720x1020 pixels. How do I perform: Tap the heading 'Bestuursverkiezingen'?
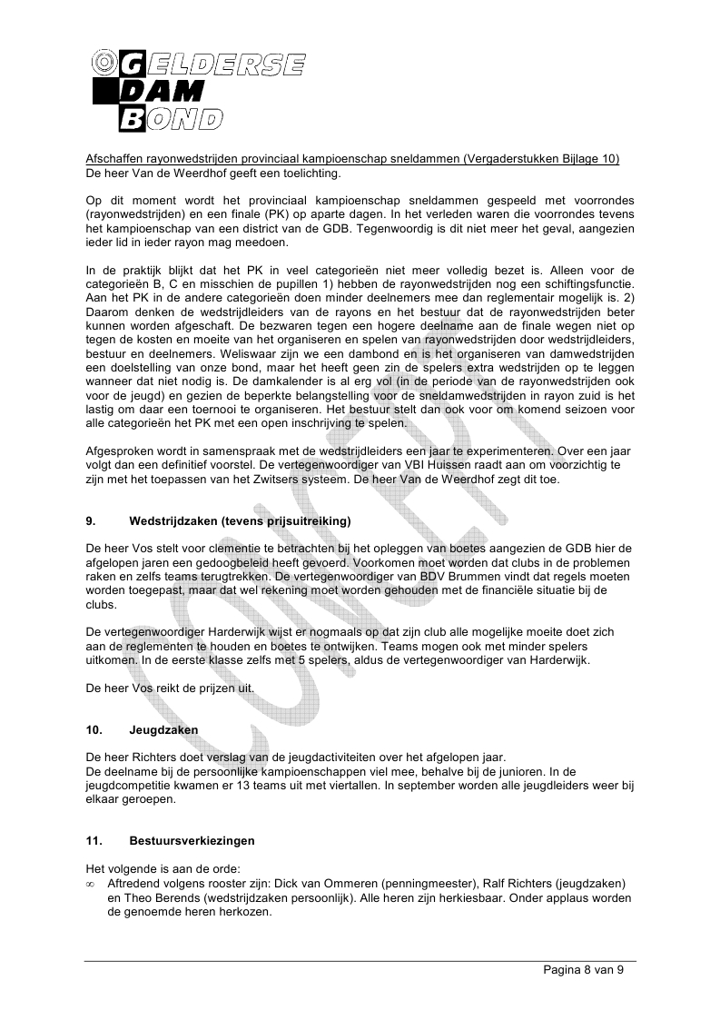click(x=192, y=841)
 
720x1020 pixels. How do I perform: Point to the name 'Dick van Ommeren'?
click(x=326, y=883)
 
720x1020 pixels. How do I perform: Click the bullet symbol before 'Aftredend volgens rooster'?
click(x=90, y=884)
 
